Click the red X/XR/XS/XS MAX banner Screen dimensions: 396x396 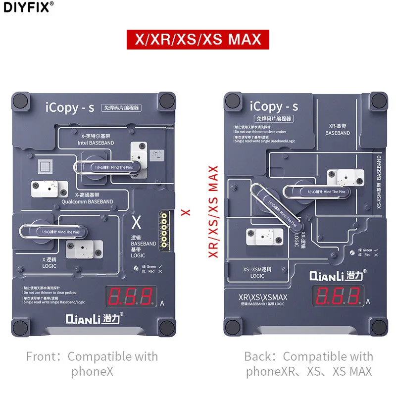click(x=198, y=39)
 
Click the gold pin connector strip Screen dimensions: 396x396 click(x=162, y=225)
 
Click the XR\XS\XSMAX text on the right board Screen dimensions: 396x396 click(x=263, y=297)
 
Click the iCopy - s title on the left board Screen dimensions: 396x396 click(x=68, y=107)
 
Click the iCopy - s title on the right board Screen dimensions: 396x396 click(x=274, y=106)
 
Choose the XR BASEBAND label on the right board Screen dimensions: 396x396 click(x=338, y=129)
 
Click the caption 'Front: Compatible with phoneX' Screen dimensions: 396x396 click(x=92, y=364)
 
